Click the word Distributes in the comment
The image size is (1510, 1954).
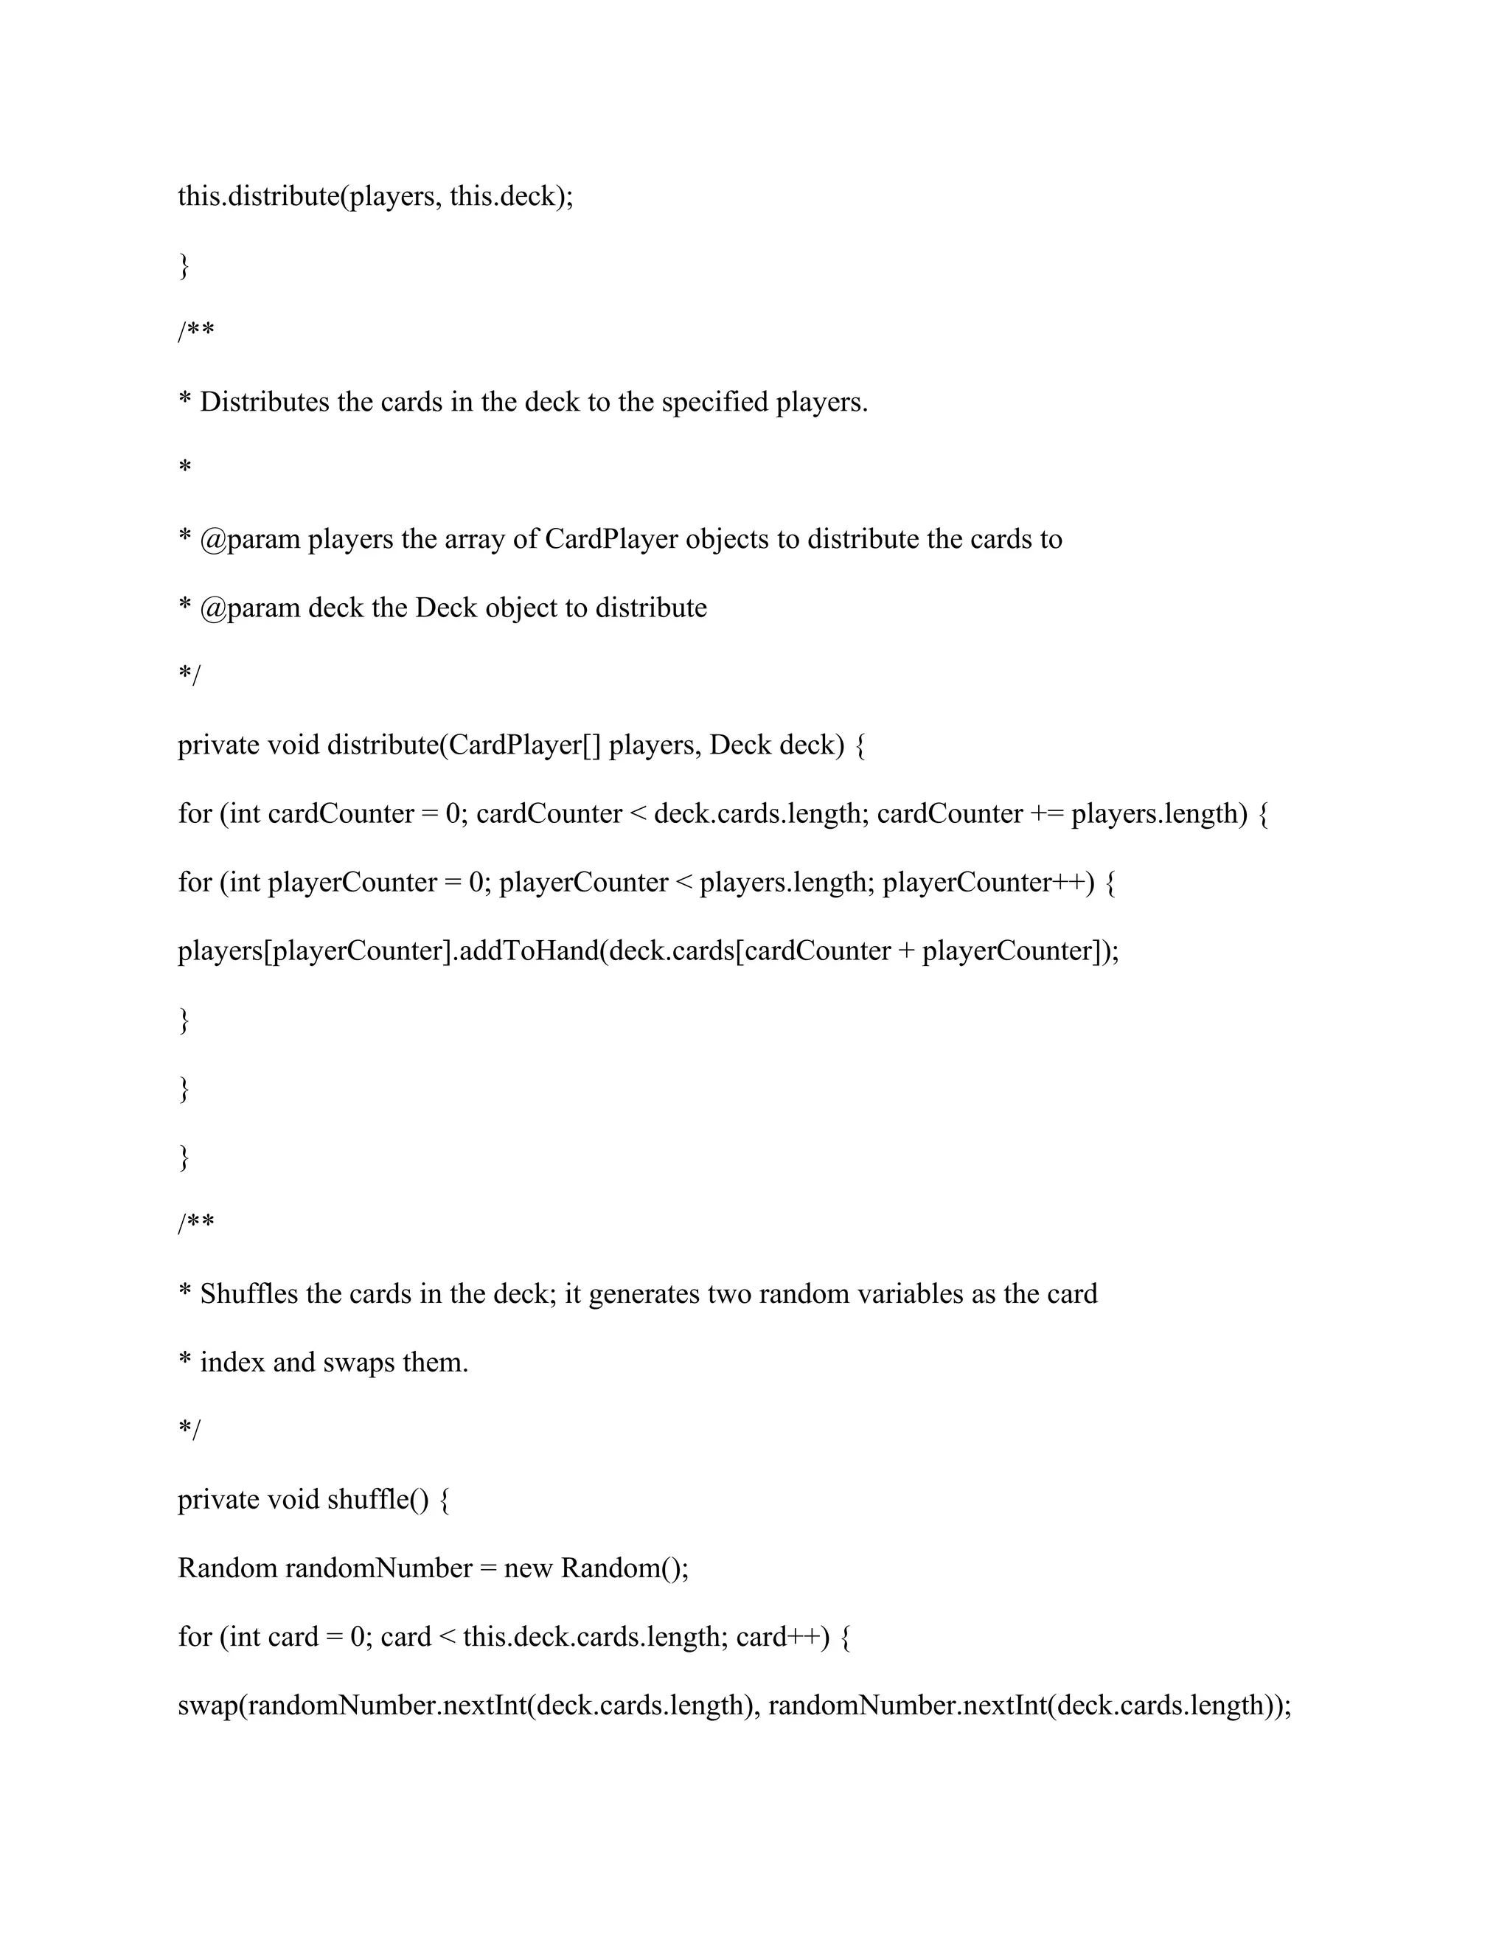coord(265,403)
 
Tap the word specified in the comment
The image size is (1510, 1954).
coord(714,403)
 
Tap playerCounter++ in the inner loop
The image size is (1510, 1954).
coord(987,882)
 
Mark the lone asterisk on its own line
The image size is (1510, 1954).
coord(185,467)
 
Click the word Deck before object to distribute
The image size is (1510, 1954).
coord(445,608)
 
